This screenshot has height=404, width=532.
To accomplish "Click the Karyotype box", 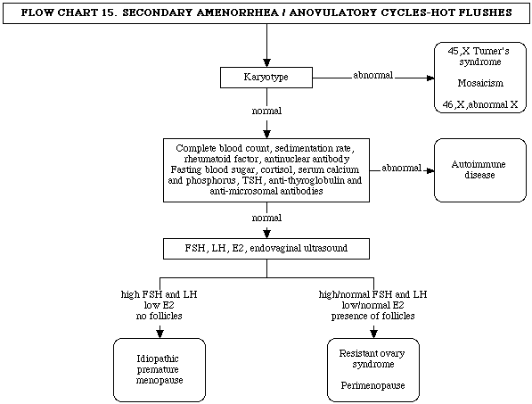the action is pos(266,78).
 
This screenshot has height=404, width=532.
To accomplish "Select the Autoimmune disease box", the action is pos(480,170).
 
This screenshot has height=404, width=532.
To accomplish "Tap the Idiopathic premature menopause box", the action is pos(160,370).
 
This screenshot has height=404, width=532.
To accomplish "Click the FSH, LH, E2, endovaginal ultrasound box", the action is pos(266,249).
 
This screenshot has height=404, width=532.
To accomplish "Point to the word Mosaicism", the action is pos(480,83).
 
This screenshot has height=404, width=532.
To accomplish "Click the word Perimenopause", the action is pos(372,385).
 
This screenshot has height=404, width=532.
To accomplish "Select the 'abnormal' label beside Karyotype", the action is pos(372,75).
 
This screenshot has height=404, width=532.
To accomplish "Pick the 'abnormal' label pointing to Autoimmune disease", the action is pos(401,168).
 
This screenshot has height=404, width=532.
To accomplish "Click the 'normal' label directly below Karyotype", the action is pos(266,111).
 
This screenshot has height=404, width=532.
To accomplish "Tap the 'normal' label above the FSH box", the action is pos(266,218).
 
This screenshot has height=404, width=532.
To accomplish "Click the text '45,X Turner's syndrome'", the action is pos(479,56).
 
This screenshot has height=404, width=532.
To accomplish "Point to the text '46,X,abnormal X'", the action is pos(480,104).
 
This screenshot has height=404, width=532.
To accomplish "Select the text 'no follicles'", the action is pos(160,316).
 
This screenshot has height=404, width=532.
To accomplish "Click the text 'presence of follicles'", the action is pos(372,316).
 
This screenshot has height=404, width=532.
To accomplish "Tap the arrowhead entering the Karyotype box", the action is pos(266,62).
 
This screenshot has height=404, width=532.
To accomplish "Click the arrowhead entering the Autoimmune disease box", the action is pos(430,170).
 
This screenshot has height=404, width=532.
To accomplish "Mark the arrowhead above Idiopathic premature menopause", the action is pos(160,334).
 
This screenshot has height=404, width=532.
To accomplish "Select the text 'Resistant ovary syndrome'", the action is pos(372,359).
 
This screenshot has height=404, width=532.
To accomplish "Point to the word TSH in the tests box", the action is pos(252,181).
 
